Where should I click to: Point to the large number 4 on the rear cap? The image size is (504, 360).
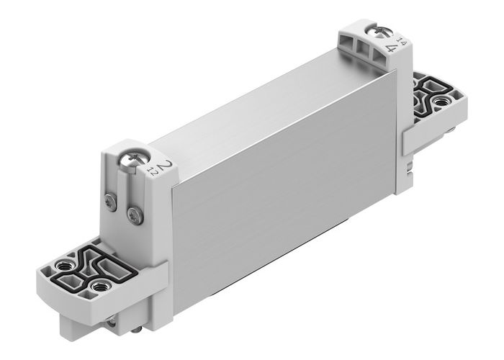coord(393,48)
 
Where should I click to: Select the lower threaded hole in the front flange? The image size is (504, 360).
coord(96,289)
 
